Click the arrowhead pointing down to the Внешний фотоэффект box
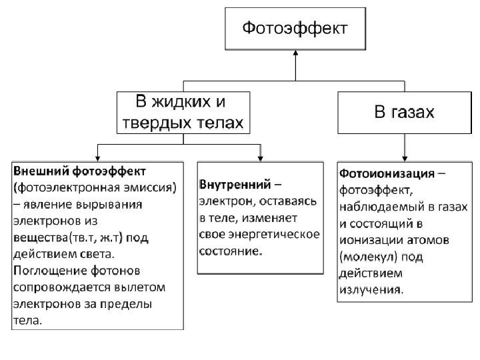[98, 155]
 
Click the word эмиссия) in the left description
[151, 188]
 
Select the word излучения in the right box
[370, 289]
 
